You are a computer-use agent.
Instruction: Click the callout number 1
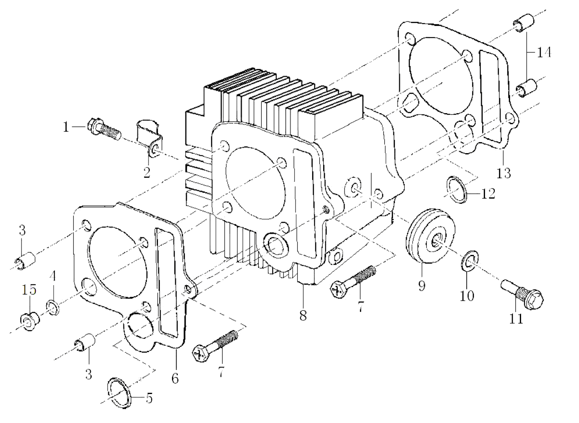(x=66, y=127)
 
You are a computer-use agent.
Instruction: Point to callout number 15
(x=29, y=290)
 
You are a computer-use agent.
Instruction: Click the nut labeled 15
(x=29, y=321)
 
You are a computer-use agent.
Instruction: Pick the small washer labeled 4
(x=53, y=306)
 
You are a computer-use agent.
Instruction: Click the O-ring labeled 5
(x=118, y=393)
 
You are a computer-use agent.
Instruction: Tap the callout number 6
(x=175, y=378)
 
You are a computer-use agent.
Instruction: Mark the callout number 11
(x=516, y=319)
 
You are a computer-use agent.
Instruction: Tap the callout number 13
(x=504, y=173)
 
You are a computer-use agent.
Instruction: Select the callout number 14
(x=543, y=52)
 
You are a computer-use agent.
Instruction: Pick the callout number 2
(x=147, y=172)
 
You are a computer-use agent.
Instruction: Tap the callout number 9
(x=422, y=286)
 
